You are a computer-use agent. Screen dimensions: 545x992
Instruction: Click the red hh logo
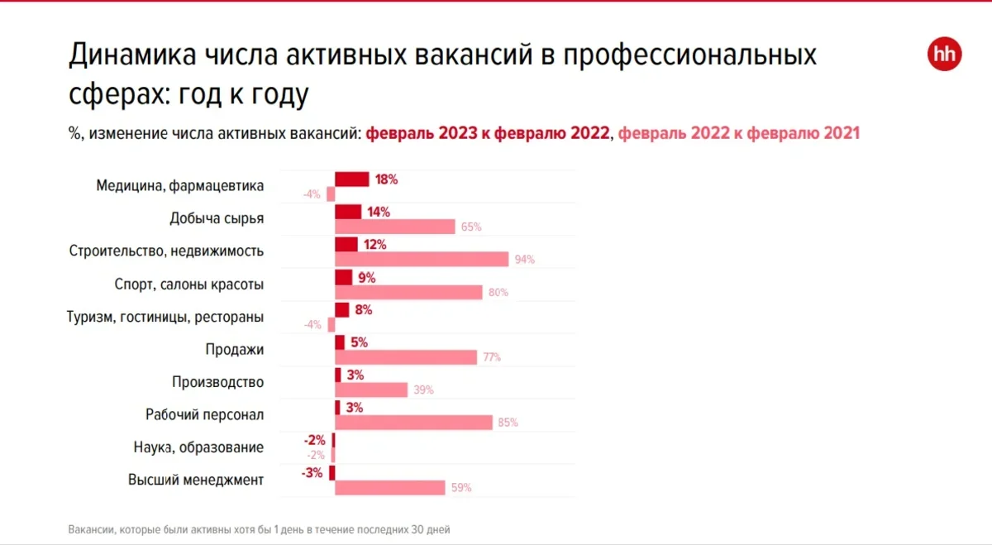point(944,54)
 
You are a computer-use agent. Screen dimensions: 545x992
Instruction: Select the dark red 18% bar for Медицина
point(351,179)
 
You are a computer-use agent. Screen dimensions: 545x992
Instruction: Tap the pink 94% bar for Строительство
point(422,259)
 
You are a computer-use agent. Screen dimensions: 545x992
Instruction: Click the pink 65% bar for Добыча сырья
point(395,227)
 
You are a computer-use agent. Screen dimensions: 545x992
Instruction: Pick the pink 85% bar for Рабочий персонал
point(413,422)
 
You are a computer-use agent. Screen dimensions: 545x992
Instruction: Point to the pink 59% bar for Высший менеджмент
point(390,487)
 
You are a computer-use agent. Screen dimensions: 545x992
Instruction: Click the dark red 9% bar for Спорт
point(344,277)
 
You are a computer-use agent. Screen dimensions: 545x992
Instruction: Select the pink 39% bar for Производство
point(371,390)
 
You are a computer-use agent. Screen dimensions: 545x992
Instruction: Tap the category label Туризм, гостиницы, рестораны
point(165,317)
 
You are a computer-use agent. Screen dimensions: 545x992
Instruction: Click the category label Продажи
point(235,349)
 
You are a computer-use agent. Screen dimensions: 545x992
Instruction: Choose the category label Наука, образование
point(198,447)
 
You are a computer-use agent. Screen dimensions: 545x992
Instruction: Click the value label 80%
point(498,292)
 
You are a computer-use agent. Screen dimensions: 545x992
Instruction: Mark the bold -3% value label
point(312,472)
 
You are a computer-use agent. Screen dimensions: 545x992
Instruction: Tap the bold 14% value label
point(379,212)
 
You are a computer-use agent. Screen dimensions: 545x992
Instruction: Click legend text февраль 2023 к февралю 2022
point(488,133)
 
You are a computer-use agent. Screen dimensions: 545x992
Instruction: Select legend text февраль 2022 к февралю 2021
point(739,133)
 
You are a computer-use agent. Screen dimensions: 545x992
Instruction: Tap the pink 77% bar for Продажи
point(406,357)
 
